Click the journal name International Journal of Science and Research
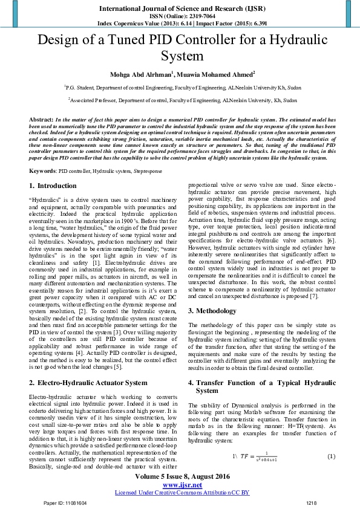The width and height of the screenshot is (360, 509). pyautogui.click(x=180, y=8)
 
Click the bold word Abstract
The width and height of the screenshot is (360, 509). pyautogui.click(x=41, y=121)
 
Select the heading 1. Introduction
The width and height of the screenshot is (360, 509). pyautogui.click(x=54, y=186)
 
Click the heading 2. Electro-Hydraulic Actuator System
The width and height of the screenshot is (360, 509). pyautogui.click(x=88, y=383)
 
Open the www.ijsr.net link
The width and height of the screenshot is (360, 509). pyautogui.click(x=180, y=485)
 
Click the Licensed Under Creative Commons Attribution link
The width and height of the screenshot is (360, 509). pyautogui.click(x=182, y=493)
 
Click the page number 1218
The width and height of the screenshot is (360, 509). pyautogui.click(x=312, y=503)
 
